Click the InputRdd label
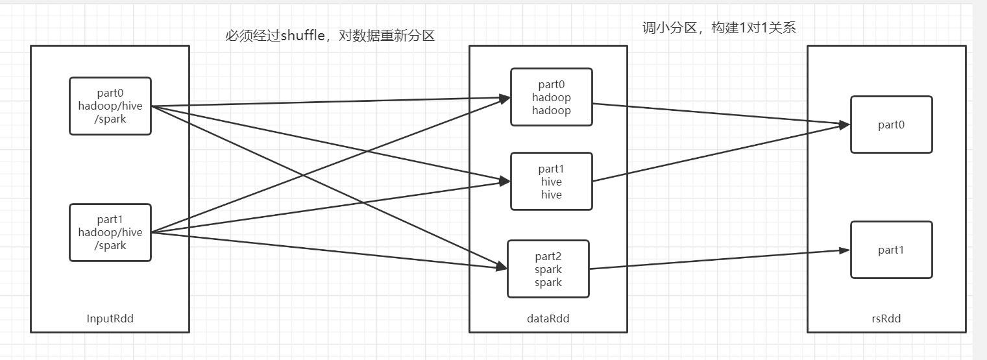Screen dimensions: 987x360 (x=110, y=318)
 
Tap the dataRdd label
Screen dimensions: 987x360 (x=548, y=318)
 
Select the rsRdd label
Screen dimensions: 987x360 (x=886, y=318)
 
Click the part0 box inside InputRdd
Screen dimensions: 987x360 (x=110, y=106)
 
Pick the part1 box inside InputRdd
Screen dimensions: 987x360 (x=110, y=233)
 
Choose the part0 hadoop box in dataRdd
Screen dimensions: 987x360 (x=551, y=97)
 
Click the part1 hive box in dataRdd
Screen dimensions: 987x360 (x=551, y=182)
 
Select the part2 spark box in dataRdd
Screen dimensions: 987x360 (x=548, y=269)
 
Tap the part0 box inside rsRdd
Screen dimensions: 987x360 (x=892, y=125)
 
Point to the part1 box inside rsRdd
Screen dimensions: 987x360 (x=892, y=250)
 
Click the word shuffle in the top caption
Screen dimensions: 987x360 (x=302, y=35)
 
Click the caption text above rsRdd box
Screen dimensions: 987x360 (x=719, y=28)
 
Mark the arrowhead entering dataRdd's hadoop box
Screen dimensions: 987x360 (x=505, y=98)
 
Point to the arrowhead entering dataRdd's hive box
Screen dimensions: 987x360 (x=505, y=181)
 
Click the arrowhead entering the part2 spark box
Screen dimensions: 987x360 (x=502, y=267)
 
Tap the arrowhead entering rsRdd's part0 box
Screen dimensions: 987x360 (x=845, y=125)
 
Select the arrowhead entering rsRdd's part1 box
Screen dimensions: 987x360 (x=845, y=250)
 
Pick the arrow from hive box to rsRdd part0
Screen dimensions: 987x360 (x=722, y=153)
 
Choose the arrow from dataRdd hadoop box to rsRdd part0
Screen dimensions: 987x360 (x=722, y=115)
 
